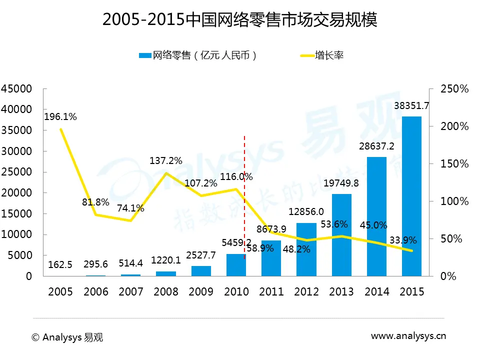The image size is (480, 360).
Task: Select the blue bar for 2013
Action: point(341,235)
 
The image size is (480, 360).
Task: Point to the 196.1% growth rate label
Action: point(60,117)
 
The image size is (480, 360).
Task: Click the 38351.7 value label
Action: point(411,105)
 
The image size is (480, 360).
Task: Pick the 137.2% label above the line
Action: point(166,160)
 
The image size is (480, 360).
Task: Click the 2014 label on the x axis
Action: point(376,292)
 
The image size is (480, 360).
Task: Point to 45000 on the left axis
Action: point(16,89)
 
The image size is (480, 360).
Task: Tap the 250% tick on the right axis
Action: point(454,89)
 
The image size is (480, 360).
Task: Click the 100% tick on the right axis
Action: point(454,201)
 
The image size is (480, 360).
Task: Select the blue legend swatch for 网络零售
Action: point(144,55)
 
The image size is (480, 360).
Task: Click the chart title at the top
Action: point(239,20)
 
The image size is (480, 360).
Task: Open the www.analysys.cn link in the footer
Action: point(408,336)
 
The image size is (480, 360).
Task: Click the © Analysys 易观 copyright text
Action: point(67,337)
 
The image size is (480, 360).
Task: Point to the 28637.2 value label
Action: point(376,146)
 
